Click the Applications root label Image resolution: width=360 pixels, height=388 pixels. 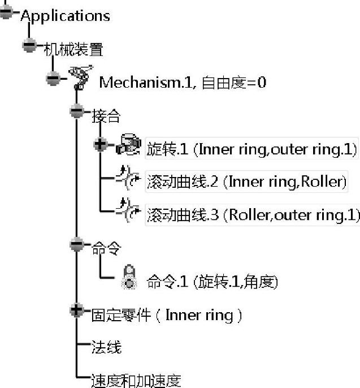[65, 15]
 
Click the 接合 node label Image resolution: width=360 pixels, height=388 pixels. [106, 116]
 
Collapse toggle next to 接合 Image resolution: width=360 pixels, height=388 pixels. [77, 111]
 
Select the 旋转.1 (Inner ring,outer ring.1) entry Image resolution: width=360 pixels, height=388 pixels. [251, 149]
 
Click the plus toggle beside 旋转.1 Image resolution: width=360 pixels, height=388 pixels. [101, 145]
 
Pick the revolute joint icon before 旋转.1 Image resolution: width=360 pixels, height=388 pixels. [128, 146]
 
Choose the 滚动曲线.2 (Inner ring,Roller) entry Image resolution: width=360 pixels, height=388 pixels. [245, 182]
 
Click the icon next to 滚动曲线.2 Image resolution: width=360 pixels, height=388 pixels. [127, 180]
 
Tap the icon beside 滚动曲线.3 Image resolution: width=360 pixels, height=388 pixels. [127, 213]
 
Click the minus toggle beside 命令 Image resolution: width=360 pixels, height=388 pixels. [77, 244]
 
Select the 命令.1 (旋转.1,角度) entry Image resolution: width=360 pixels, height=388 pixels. [212, 281]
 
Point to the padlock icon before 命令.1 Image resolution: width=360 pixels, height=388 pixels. [129, 278]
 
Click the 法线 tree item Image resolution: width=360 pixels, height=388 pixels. [106, 347]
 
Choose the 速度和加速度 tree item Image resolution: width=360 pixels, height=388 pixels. [136, 381]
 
